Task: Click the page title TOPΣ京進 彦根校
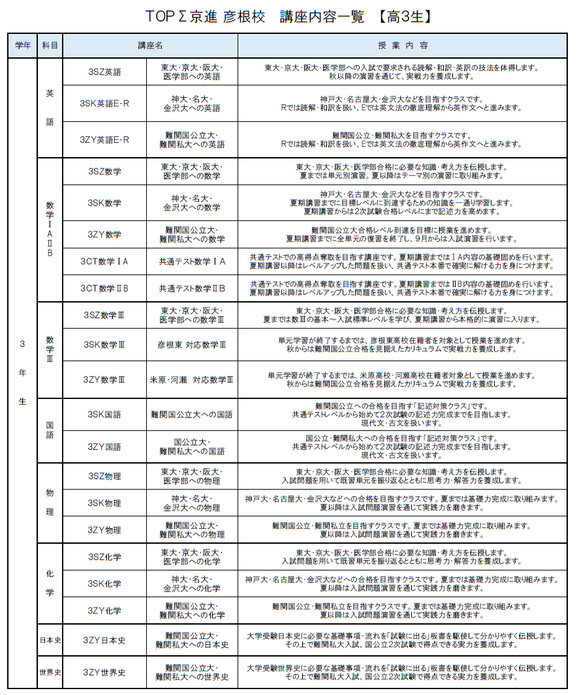[x=207, y=17]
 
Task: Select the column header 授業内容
[x=403, y=46]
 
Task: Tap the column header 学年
[x=23, y=46]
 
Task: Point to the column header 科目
[x=50, y=46]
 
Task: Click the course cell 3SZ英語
[x=104, y=72]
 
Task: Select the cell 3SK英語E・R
[x=104, y=104]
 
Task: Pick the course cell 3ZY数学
[x=104, y=235]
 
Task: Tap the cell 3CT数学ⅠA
[x=104, y=261]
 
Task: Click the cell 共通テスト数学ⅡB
[x=192, y=288]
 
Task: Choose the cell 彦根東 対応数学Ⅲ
[x=192, y=344]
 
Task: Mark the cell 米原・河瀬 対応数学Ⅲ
[x=192, y=379]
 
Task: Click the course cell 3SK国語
[x=104, y=414]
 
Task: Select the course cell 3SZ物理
[x=104, y=476]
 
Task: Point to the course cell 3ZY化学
[x=104, y=611]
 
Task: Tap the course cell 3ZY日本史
[x=104, y=640]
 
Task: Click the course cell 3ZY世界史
[x=104, y=672]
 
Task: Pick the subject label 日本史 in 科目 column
[x=50, y=640]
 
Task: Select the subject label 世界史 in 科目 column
[x=50, y=672]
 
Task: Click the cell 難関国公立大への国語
[x=192, y=414]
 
